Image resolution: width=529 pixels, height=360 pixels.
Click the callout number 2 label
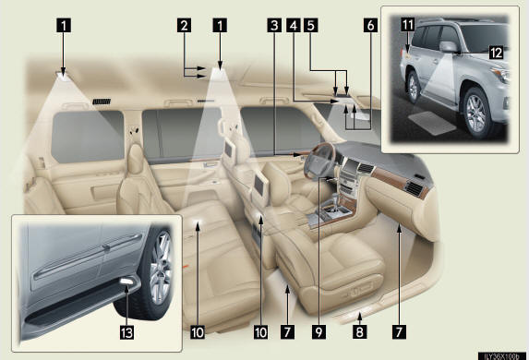[x=184, y=26]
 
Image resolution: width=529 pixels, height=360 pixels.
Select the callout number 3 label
[x=274, y=26]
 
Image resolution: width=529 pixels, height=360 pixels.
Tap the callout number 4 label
[x=294, y=26]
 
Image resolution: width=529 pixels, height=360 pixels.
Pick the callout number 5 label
[x=311, y=26]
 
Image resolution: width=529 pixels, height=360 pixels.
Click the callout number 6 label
[x=370, y=26]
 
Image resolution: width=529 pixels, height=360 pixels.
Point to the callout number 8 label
[x=360, y=332]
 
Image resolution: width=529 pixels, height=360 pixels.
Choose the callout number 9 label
[x=319, y=332]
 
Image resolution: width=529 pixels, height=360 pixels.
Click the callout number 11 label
[x=407, y=25]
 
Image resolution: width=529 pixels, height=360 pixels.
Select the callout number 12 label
[x=497, y=53]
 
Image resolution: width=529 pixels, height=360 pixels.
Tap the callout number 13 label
[x=126, y=332]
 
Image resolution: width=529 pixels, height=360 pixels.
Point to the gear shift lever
[x=335, y=201]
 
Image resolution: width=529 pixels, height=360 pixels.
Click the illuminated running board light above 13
[x=126, y=282]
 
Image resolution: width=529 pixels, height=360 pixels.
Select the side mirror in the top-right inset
[x=450, y=47]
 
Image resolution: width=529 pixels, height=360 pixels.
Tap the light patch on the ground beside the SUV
[x=432, y=123]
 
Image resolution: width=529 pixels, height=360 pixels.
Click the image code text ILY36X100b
[x=501, y=356]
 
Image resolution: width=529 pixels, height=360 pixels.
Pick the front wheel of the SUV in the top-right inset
[x=476, y=114]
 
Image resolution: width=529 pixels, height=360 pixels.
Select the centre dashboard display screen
[x=351, y=167]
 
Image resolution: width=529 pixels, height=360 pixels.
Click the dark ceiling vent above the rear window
[x=102, y=102]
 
